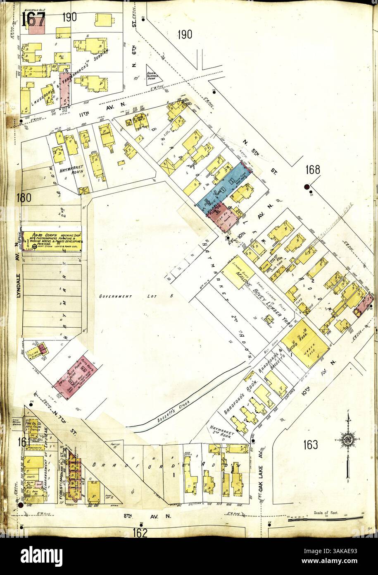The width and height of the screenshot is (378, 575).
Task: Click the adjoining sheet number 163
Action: pyautogui.click(x=310, y=445)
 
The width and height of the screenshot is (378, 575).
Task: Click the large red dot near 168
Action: pyautogui.click(x=307, y=187)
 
